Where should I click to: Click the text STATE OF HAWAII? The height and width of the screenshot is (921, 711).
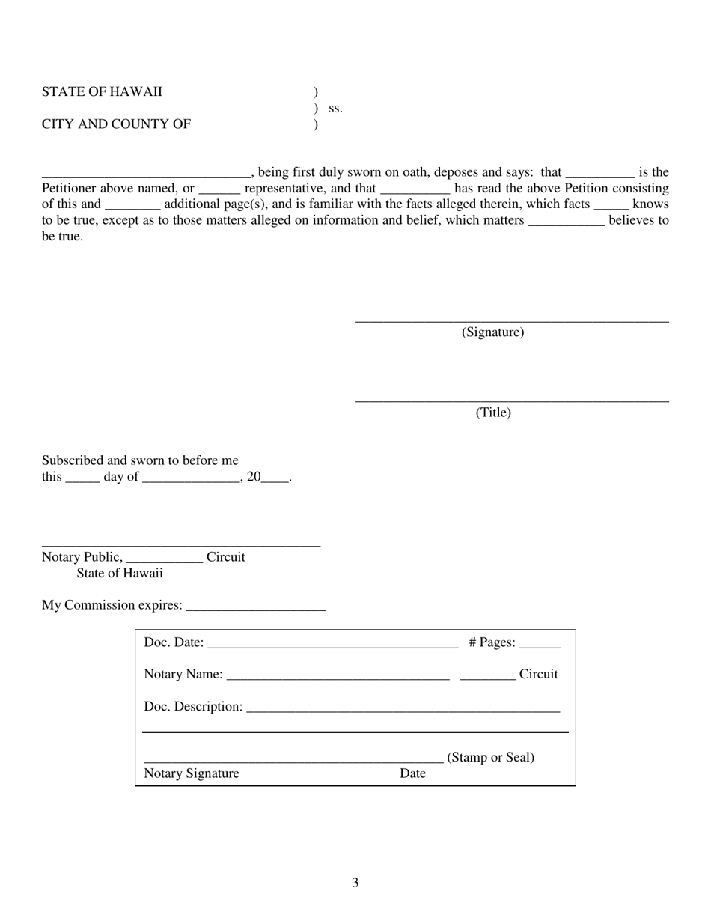click(102, 92)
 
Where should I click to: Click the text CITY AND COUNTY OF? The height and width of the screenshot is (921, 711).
click(116, 124)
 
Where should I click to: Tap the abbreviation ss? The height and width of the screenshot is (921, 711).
click(335, 109)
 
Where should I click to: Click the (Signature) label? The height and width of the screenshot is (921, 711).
click(492, 332)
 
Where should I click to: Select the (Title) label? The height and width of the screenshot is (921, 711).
click(493, 413)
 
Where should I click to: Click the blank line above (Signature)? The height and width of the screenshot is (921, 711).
click(512, 321)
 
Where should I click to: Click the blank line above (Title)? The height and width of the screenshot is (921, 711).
click(512, 401)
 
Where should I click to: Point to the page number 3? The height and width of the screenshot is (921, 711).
click(355, 883)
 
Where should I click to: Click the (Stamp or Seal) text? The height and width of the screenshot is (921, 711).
click(491, 758)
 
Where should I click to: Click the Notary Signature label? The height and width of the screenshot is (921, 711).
click(192, 774)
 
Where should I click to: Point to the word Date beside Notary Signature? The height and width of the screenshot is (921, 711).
click(412, 774)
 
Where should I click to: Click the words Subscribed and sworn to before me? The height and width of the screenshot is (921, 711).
click(140, 460)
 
